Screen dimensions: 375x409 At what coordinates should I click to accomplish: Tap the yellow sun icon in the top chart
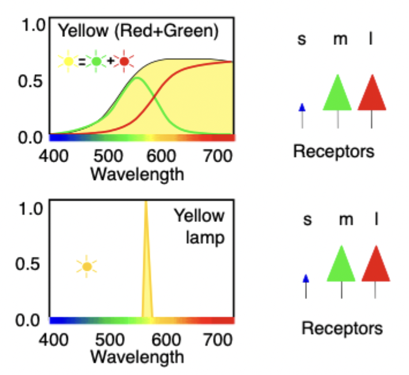(69, 60)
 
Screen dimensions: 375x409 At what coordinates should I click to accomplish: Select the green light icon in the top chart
(96, 60)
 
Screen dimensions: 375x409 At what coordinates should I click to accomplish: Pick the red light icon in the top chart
(123, 60)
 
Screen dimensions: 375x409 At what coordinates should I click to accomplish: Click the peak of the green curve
(137, 78)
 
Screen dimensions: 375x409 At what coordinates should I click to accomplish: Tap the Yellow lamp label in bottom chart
(199, 226)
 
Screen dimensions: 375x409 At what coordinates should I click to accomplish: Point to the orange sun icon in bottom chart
(86, 266)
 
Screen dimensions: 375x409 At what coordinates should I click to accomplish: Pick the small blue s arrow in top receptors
(302, 108)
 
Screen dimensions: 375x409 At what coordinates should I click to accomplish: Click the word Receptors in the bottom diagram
(342, 328)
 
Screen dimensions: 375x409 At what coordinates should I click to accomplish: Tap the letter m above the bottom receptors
(345, 220)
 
